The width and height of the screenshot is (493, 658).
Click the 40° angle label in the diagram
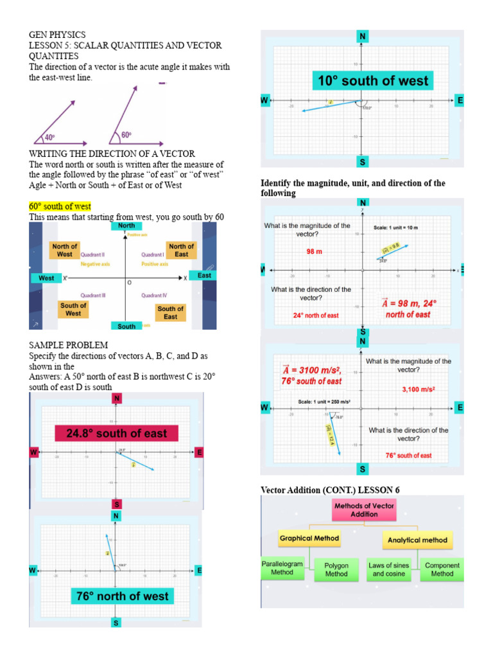(x=49, y=138)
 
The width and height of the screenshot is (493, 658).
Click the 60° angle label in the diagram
(x=126, y=135)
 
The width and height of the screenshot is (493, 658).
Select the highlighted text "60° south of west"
(x=60, y=206)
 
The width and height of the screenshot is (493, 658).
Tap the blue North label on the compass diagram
(x=126, y=226)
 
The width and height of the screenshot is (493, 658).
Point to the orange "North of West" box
(x=65, y=251)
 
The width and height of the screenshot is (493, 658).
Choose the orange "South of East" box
(x=170, y=312)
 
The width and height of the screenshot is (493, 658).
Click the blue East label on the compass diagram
(x=204, y=276)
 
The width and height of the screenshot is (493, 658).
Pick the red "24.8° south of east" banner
(x=116, y=434)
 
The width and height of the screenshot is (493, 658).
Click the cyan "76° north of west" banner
(x=122, y=596)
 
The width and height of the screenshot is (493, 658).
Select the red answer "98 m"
(x=314, y=252)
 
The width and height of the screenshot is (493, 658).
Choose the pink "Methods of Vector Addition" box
(x=364, y=510)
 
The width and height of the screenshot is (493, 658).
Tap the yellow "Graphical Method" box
(x=309, y=538)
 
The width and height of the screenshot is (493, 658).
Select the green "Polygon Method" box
(x=336, y=570)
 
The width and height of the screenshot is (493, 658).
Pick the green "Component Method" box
(x=442, y=569)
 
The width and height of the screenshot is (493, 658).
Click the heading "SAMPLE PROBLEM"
(x=68, y=346)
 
